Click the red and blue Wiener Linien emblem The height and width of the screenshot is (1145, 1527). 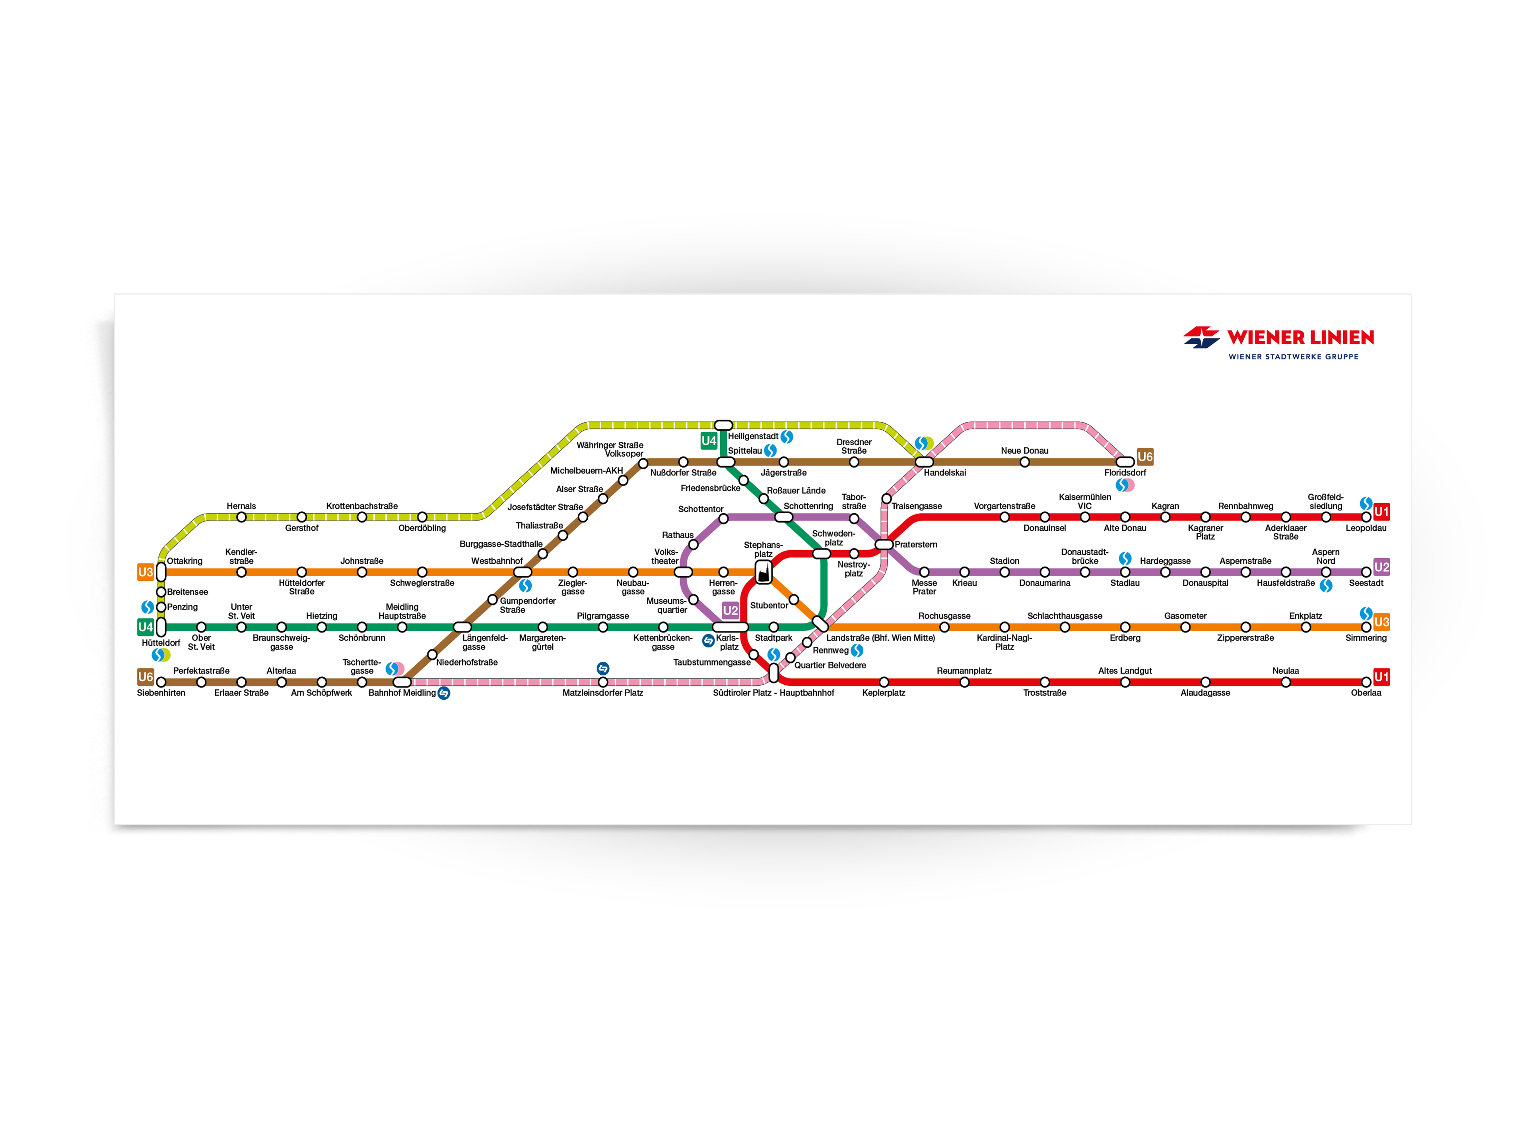pyautogui.click(x=1201, y=338)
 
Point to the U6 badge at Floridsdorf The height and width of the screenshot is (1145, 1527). pyautogui.click(x=1144, y=457)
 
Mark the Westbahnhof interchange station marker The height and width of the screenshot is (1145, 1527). pyautogui.click(x=523, y=572)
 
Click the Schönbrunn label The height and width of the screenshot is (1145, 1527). pyautogui.click(x=362, y=638)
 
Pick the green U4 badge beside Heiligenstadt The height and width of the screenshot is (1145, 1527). pyautogui.click(x=709, y=441)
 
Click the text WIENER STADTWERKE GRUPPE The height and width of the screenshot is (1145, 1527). pyautogui.click(x=1293, y=357)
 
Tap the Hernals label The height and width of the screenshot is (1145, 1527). pyautogui.click(x=241, y=506)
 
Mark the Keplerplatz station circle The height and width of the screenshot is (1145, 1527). pyautogui.click(x=884, y=682)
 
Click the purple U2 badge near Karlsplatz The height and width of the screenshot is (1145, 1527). pyautogui.click(x=730, y=610)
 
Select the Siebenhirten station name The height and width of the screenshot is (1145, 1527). pyautogui.click(x=161, y=693)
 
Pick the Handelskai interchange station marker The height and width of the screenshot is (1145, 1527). pyautogui.click(x=924, y=462)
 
